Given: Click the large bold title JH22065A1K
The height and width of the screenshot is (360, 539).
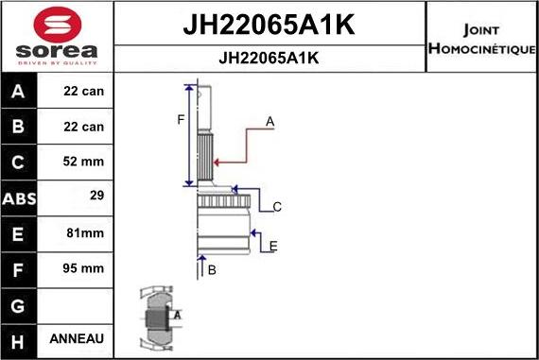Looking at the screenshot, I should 269,26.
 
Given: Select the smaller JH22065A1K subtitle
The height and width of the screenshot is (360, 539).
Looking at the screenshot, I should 269,58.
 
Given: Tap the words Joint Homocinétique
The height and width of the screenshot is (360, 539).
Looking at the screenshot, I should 481,38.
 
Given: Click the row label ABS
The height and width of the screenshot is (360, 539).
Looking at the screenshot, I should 20,198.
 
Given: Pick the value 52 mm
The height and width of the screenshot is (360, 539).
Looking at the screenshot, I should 84,162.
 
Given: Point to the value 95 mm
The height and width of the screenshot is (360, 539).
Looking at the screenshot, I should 84,268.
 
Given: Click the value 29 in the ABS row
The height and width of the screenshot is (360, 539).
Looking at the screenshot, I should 96,197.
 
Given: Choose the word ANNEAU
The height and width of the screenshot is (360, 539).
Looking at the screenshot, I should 82,338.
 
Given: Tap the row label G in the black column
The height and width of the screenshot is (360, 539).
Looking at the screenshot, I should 20,304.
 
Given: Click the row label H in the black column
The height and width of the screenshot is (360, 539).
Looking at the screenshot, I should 20,339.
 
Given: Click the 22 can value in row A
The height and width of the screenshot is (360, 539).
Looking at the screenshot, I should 84,91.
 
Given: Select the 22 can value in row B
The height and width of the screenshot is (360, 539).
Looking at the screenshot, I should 84,126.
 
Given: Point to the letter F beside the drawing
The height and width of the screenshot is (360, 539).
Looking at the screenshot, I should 181,119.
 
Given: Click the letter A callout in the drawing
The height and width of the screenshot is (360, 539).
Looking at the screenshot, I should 269,121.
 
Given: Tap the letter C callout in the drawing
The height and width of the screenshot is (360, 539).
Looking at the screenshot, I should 277,206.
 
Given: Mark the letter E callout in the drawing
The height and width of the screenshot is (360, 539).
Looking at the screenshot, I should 272,247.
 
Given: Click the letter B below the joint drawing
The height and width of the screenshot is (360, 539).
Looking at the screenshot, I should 212,270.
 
